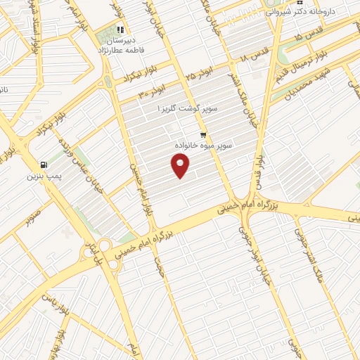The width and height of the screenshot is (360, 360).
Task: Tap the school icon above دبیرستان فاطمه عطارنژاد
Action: click(x=120, y=30)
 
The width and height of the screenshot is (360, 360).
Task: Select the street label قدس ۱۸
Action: click(x=254, y=52)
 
